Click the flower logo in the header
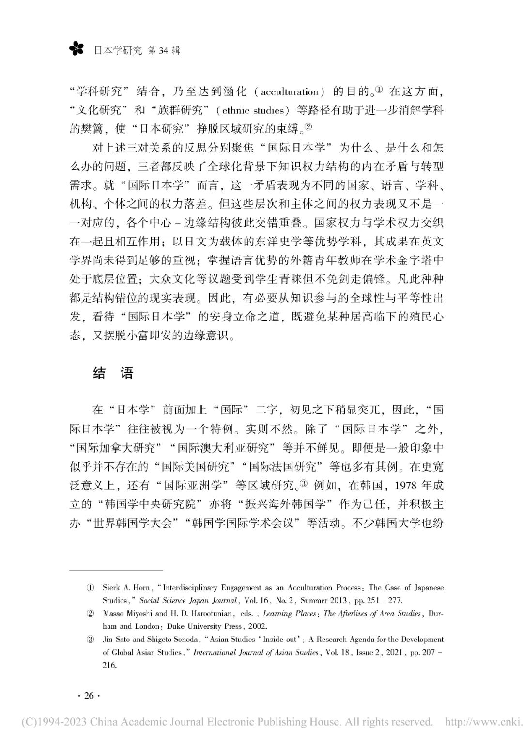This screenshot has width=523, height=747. pos(76,48)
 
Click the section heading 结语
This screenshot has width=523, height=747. pos(112,373)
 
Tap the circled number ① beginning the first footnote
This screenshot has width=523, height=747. pos(90,588)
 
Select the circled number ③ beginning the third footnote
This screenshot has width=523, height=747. pos(90,640)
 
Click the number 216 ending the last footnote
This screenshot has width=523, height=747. pos(109,665)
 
